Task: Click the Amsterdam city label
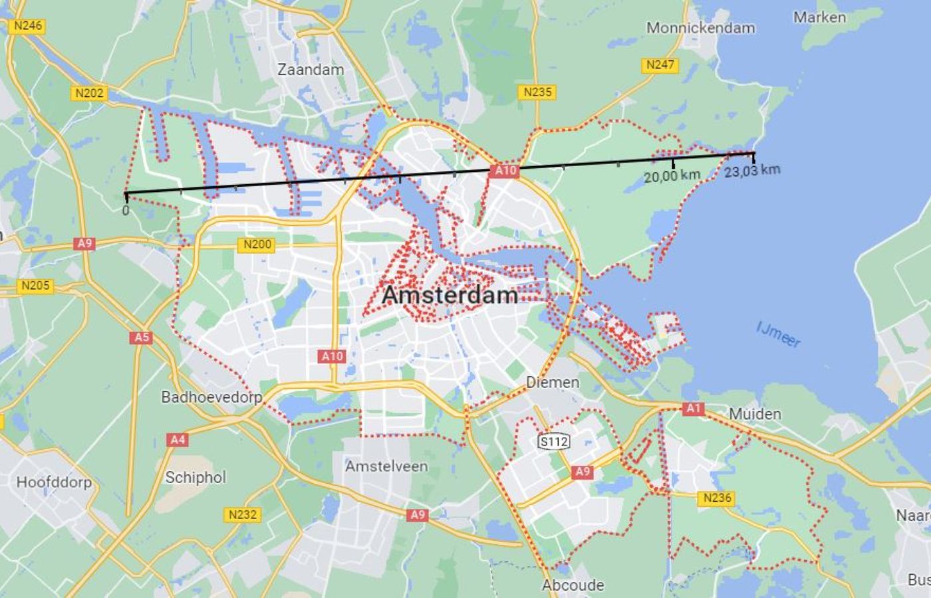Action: pyautogui.click(x=450, y=295)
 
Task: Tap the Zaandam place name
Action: pyautogui.click(x=311, y=69)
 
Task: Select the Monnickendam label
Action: pyautogui.click(x=700, y=28)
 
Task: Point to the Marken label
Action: pyautogui.click(x=819, y=17)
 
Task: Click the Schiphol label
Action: pyautogui.click(x=196, y=477)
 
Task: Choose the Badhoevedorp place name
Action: pyautogui.click(x=211, y=397)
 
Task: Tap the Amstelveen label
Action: pyautogui.click(x=386, y=466)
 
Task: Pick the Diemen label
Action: pyautogui.click(x=553, y=382)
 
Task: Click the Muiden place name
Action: pyautogui.click(x=755, y=414)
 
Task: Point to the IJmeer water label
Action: pyautogui.click(x=779, y=334)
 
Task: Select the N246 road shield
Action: pyautogui.click(x=27, y=26)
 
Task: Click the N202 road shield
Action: pyautogui.click(x=89, y=93)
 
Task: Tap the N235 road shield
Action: pyautogui.click(x=537, y=92)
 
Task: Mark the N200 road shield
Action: pyautogui.click(x=257, y=245)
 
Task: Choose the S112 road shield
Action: pyautogui.click(x=554, y=441)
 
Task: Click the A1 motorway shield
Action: pyautogui.click(x=693, y=408)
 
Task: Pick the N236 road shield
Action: pyautogui.click(x=717, y=498)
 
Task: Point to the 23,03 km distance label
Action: pyautogui.click(x=752, y=170)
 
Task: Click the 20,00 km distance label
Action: pyautogui.click(x=672, y=175)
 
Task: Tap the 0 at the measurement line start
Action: pyautogui.click(x=126, y=211)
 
